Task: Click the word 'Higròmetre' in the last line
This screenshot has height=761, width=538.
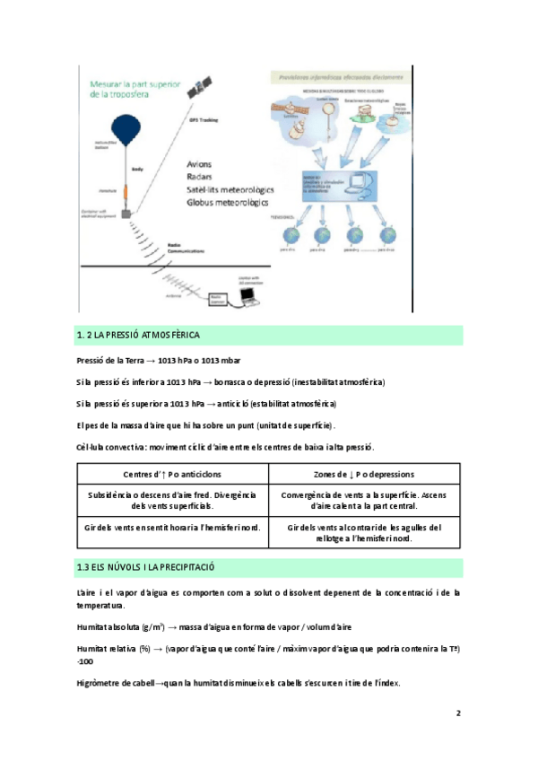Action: click(100, 684)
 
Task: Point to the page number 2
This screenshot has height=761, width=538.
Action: click(457, 714)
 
